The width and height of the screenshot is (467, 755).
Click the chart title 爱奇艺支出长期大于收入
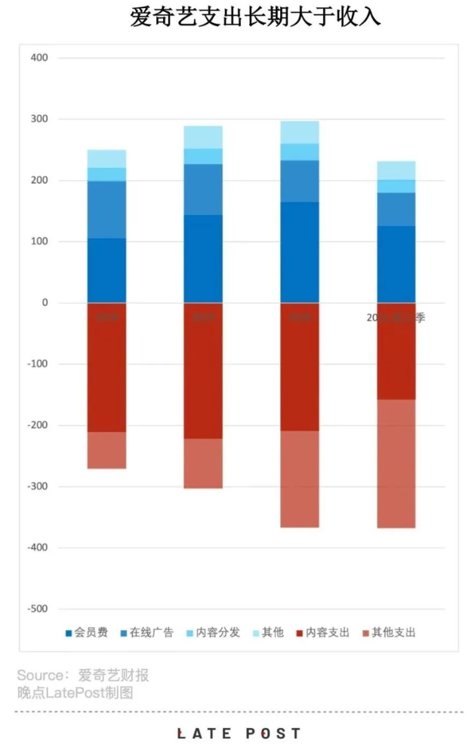255,17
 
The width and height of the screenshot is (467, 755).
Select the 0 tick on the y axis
44,303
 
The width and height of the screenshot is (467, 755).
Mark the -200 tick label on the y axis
37,425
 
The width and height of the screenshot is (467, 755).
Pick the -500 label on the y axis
37,609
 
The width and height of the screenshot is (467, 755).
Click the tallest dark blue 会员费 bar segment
300,252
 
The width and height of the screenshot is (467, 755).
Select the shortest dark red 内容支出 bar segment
396,351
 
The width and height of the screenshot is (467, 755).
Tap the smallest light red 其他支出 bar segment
106,450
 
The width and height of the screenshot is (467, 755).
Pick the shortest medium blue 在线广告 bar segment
396,209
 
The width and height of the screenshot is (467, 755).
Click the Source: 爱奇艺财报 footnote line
83,675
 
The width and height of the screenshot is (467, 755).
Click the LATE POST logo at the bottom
239,734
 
